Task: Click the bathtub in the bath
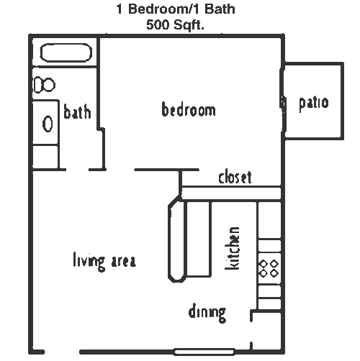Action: click(66, 53)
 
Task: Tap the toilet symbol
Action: click(45, 85)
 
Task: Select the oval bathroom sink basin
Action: click(48, 124)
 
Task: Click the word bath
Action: click(77, 111)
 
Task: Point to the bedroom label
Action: click(189, 109)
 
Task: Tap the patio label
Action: click(314, 103)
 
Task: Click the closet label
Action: click(235, 177)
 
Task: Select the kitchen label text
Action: click(232, 248)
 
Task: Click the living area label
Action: click(104, 261)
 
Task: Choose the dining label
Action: click(207, 313)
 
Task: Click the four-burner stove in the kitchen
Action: click(269, 268)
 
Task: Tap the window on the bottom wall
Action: click(204, 352)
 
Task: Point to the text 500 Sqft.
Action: click(175, 24)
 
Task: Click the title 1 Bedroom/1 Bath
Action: click(176, 9)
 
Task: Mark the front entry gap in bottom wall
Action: click(62, 352)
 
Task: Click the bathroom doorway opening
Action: click(77, 170)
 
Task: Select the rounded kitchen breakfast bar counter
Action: click(177, 239)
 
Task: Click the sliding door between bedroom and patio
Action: click(283, 100)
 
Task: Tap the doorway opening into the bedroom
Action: click(120, 170)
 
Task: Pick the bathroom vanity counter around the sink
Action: click(45, 123)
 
